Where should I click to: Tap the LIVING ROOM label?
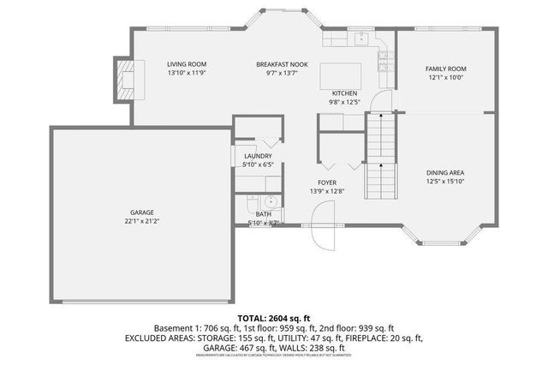coord(186,64)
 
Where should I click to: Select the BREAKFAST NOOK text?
coord(282,64)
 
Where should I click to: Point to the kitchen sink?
coord(361,38)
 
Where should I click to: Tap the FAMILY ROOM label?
coord(445,69)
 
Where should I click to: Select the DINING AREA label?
coord(445,172)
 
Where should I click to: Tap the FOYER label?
coord(327,182)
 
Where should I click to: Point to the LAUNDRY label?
coord(257,155)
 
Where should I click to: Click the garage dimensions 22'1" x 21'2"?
coord(141,221)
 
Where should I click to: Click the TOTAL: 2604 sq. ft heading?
coord(273,317)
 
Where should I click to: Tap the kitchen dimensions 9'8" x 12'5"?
coord(344,102)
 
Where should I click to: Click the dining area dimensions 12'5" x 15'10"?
coord(445,181)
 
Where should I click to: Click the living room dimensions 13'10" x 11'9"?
coord(186,74)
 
